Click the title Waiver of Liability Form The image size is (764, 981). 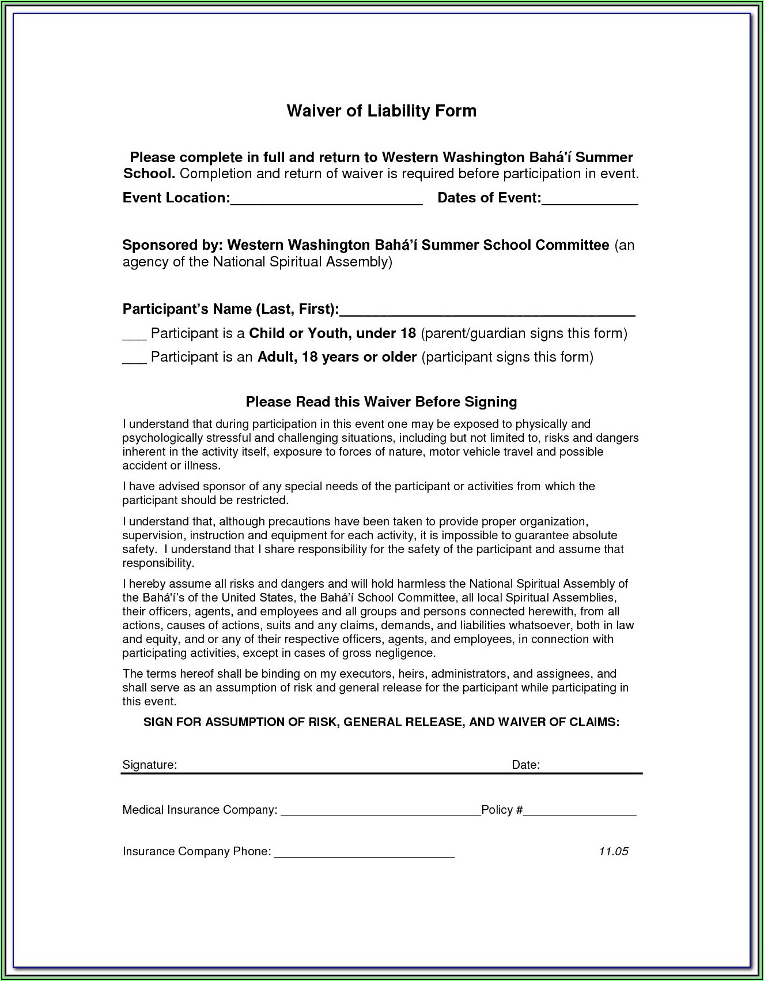click(x=381, y=111)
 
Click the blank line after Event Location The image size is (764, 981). click(x=327, y=200)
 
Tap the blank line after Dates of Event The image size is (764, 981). click(x=589, y=200)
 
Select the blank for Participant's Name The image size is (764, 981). click(x=487, y=311)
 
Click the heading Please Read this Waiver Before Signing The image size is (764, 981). click(x=381, y=402)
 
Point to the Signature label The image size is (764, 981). click(x=149, y=765)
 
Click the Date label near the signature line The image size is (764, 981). click(x=525, y=765)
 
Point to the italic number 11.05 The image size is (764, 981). click(x=613, y=851)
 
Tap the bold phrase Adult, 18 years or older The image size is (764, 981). click(x=337, y=357)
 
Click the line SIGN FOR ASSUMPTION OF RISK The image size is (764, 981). click(x=381, y=722)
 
